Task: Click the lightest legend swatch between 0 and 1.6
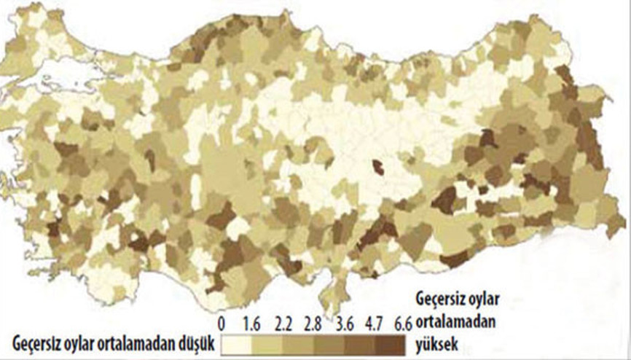click(x=238, y=343)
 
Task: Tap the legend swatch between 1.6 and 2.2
click(x=268, y=343)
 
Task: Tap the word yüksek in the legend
click(x=436, y=343)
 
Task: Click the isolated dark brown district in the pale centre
click(x=378, y=168)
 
